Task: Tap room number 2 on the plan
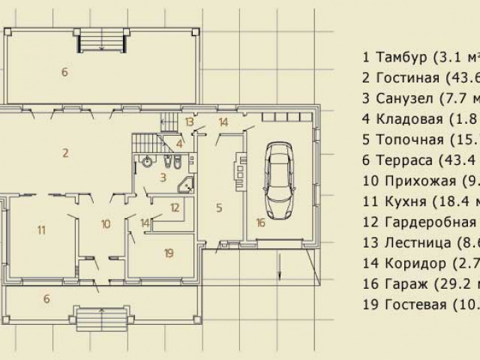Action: pos(66,153)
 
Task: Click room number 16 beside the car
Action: pos(259,223)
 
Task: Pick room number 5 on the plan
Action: pos(218,206)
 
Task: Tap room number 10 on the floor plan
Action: pos(105,223)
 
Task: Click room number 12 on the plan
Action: pos(174,207)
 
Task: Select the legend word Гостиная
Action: pos(406,78)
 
